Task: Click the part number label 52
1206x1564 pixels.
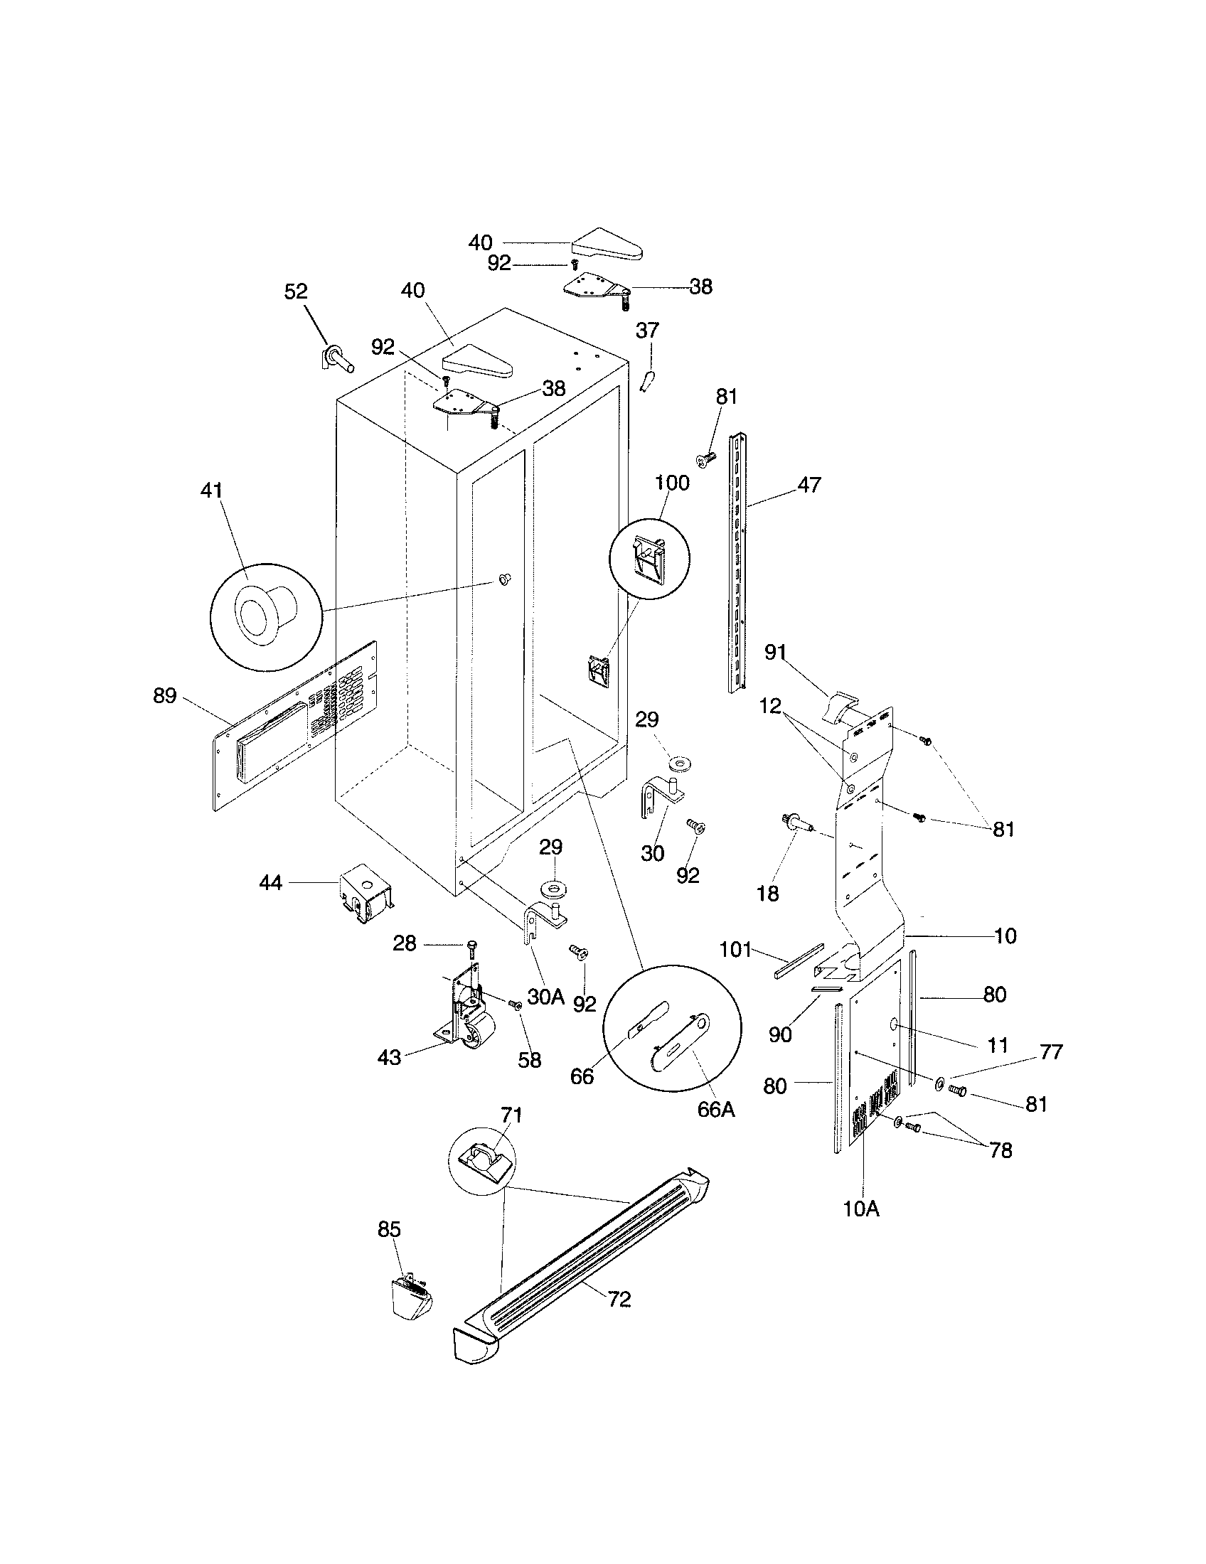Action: [296, 291]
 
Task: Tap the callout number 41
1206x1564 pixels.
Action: [212, 491]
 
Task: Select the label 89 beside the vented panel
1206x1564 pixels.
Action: [165, 695]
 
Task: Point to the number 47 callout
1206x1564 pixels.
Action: [809, 485]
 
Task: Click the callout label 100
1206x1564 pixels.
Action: [672, 483]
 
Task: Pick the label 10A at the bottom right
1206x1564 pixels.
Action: [861, 1209]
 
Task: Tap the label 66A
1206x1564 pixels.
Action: [715, 1109]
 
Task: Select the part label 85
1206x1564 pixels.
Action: [389, 1229]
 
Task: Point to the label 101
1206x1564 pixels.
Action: [735, 950]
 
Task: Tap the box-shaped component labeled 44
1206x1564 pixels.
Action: [367, 894]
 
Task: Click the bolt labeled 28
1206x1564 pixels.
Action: [471, 948]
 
